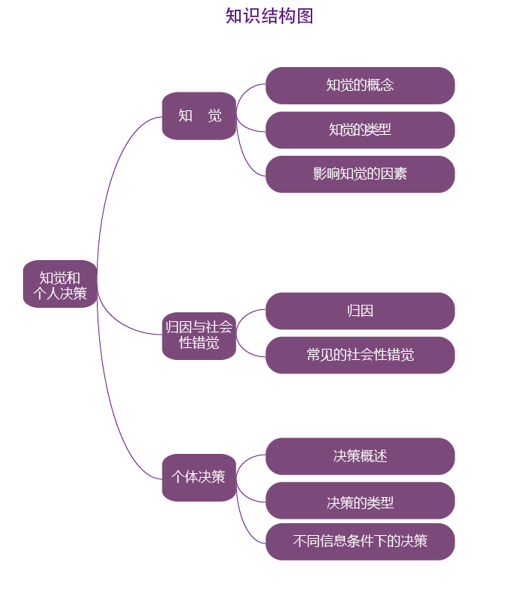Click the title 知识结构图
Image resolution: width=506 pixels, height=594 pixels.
[x=269, y=16]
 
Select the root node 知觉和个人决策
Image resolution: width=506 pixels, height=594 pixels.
[x=60, y=285]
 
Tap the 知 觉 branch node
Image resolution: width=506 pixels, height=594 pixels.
[x=199, y=116]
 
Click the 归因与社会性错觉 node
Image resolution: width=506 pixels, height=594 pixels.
[x=199, y=335]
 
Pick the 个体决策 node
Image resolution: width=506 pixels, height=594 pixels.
[x=199, y=477]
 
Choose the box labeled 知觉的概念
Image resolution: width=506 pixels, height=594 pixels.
[x=360, y=85]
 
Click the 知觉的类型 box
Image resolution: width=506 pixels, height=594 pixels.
[x=360, y=130]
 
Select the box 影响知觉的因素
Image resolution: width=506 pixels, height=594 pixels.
[x=360, y=174]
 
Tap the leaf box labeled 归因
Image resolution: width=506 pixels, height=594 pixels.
[x=360, y=311]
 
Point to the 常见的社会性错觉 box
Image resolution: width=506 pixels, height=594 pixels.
[x=360, y=355]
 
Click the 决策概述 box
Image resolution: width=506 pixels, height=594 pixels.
[x=360, y=456]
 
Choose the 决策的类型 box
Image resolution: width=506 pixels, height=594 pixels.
[x=360, y=502]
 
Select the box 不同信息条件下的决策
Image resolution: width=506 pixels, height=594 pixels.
[x=360, y=542]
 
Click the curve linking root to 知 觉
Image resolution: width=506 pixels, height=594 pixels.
[x=112, y=171]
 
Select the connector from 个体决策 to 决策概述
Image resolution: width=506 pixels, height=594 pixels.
[x=250, y=459]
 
